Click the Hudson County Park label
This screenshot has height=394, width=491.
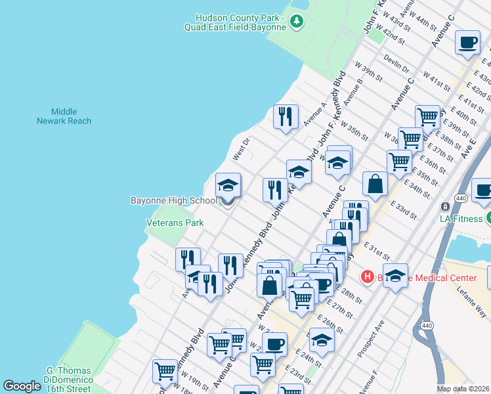[x=241, y=22]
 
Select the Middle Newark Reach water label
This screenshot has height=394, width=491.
[x=64, y=116]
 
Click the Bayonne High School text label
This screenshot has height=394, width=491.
[x=173, y=200]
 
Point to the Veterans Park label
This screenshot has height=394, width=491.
[x=174, y=223]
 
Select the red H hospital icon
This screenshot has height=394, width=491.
[x=368, y=278]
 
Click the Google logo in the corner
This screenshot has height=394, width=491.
[x=22, y=386]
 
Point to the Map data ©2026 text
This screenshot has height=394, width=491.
[x=463, y=389]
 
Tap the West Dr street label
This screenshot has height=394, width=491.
[x=242, y=149]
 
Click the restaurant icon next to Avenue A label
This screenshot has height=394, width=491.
[x=286, y=116]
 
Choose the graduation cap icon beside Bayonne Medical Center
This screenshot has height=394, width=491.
[x=395, y=274]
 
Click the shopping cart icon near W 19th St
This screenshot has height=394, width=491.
[x=164, y=371]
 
